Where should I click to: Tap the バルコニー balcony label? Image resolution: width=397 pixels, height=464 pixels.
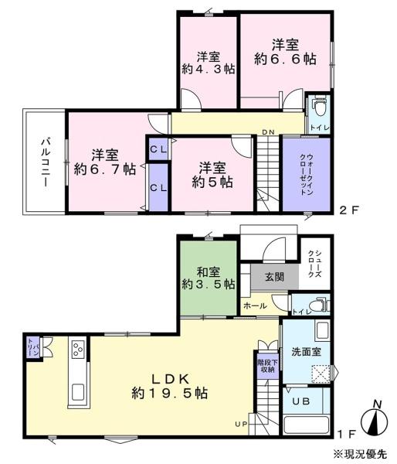[x=45, y=162]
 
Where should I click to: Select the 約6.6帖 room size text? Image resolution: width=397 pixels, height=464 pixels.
[x=285, y=60]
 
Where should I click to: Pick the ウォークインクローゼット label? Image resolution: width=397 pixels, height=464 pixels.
[x=307, y=174]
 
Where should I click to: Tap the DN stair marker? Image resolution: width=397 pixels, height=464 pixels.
[x=268, y=132]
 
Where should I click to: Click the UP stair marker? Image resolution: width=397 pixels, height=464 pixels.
[x=241, y=425]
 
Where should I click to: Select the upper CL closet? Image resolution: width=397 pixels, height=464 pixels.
[x=158, y=149]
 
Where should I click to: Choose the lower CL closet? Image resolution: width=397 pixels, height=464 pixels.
[x=158, y=188]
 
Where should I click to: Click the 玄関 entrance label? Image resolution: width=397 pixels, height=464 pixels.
[x=274, y=277]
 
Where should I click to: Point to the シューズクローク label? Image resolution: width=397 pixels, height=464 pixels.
[x=314, y=264]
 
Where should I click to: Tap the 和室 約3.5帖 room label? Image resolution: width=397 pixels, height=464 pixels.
[x=209, y=278]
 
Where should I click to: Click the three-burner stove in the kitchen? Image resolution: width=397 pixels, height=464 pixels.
[x=78, y=350]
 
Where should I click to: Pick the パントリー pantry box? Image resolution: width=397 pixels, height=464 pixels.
[x=33, y=347]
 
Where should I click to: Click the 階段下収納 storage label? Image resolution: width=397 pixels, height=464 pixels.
[x=267, y=366]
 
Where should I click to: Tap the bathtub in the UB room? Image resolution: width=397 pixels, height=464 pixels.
[x=307, y=425]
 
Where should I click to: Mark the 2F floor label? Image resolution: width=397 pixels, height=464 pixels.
[x=349, y=210]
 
